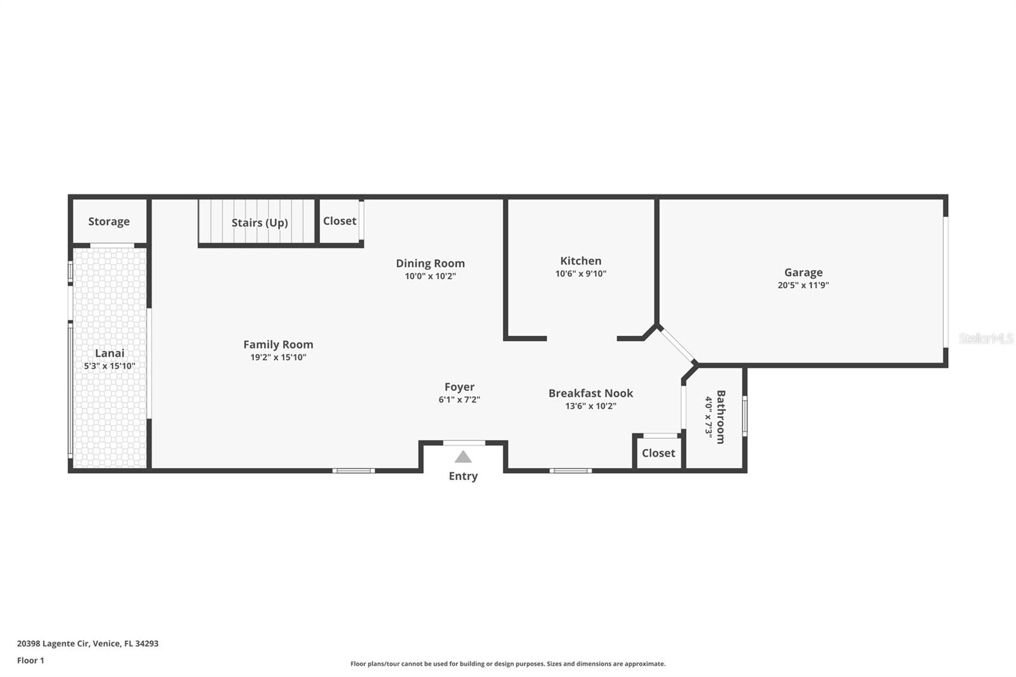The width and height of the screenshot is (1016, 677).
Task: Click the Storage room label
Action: pyautogui.click(x=109, y=222)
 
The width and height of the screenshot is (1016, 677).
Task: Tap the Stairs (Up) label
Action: pyautogui.click(x=260, y=223)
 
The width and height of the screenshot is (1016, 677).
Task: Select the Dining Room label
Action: pyautogui.click(x=430, y=263)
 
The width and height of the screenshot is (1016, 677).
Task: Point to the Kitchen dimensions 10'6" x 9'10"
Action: pyautogui.click(x=580, y=274)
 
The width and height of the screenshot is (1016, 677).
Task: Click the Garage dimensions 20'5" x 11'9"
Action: pyautogui.click(x=803, y=285)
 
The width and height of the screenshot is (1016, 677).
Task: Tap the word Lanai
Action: pyautogui.click(x=109, y=353)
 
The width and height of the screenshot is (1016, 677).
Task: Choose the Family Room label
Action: pyautogui.click(x=278, y=345)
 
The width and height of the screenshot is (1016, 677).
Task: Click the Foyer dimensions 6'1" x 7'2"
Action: pyautogui.click(x=459, y=399)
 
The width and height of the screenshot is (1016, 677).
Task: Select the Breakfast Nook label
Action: pyautogui.click(x=591, y=393)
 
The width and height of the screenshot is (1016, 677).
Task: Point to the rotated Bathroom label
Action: pyautogui.click(x=721, y=417)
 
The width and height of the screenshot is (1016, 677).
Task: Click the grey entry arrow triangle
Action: pyautogui.click(x=463, y=457)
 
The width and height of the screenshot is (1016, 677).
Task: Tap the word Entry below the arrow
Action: pyautogui.click(x=463, y=476)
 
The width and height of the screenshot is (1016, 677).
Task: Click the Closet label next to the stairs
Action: pyautogui.click(x=339, y=221)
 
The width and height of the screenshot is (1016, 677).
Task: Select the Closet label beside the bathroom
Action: pyautogui.click(x=658, y=453)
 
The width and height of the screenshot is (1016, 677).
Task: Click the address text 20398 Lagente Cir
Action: pyautogui.click(x=53, y=643)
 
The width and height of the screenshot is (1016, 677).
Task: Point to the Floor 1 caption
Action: pyautogui.click(x=31, y=660)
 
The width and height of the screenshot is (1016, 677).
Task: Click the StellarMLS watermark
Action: pyautogui.click(x=986, y=338)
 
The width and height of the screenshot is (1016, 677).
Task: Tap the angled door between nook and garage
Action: pyautogui.click(x=677, y=345)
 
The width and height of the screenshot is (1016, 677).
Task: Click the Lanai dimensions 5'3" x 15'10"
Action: pyautogui.click(x=109, y=366)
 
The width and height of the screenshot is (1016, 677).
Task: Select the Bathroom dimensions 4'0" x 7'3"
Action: pyautogui.click(x=709, y=417)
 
